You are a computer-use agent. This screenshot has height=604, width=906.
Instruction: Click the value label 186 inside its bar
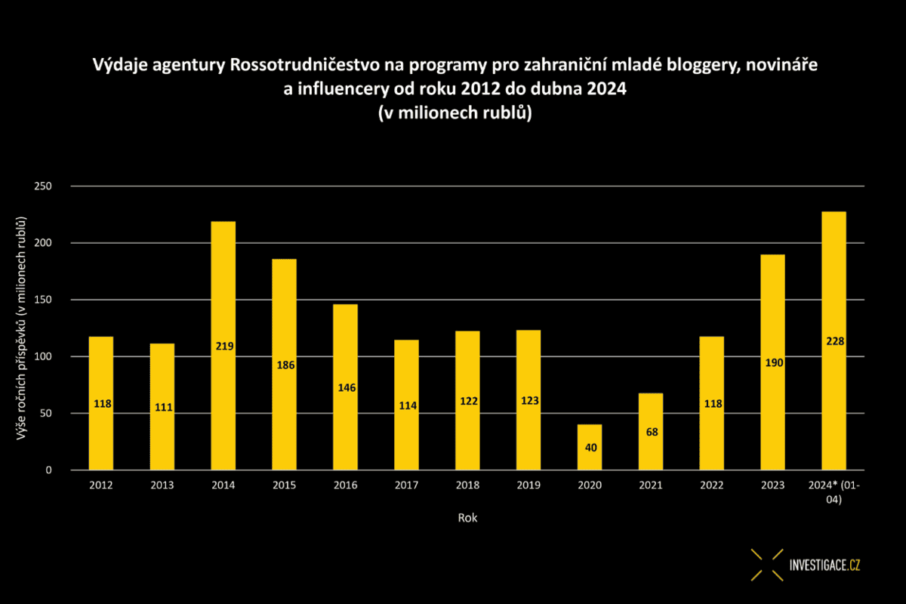pyautogui.click(x=285, y=365)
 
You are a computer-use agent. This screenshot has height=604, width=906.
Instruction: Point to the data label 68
pyautogui.click(x=651, y=433)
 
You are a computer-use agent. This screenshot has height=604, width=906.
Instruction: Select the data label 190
pyautogui.click(x=774, y=363)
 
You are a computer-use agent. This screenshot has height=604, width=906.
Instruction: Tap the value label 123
pyautogui.click(x=530, y=400)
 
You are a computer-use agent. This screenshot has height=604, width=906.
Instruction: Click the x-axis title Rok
pyautogui.click(x=467, y=518)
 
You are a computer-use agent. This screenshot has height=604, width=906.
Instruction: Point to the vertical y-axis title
pyautogui.click(x=23, y=328)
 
